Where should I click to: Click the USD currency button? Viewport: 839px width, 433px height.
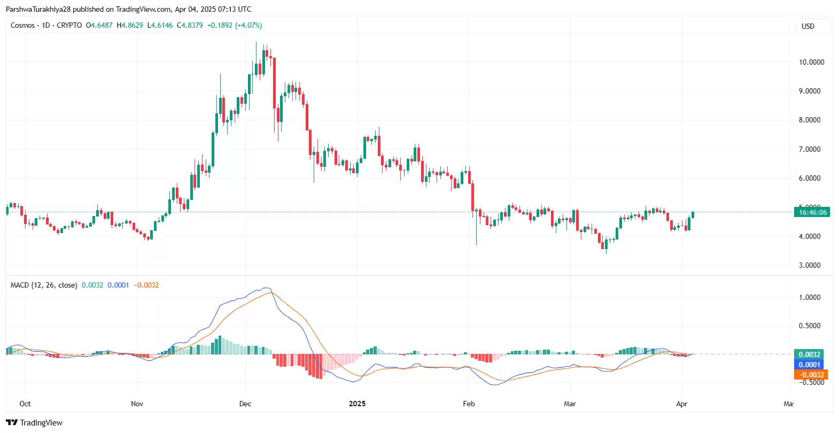(807, 26)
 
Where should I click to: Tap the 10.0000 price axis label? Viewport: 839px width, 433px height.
(811, 62)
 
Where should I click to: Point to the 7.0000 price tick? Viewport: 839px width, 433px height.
(810, 149)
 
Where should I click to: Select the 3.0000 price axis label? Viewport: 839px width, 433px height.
(810, 265)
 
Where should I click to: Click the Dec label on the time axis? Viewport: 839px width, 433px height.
(245, 404)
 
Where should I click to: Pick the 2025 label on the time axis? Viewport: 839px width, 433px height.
(357, 404)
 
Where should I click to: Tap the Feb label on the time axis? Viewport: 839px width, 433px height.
(469, 404)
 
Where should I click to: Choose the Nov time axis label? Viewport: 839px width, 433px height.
(137, 404)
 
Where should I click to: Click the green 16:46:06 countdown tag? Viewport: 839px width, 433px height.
(812, 212)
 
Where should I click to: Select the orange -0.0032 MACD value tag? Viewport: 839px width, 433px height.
(810, 375)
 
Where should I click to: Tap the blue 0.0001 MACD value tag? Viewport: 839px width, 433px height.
(810, 365)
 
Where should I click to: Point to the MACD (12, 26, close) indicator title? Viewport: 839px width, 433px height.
(44, 285)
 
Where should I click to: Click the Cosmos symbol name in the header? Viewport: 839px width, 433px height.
(22, 25)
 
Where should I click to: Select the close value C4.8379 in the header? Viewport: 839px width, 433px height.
(190, 25)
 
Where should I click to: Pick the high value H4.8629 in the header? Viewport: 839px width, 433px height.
(130, 25)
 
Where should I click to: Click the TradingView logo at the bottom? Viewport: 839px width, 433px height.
(34, 422)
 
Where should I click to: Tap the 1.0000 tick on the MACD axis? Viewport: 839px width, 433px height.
(810, 297)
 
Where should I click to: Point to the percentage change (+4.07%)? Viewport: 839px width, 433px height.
(248, 25)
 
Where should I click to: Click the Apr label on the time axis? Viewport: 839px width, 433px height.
(681, 404)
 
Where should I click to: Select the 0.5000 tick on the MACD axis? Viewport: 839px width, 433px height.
(810, 326)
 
